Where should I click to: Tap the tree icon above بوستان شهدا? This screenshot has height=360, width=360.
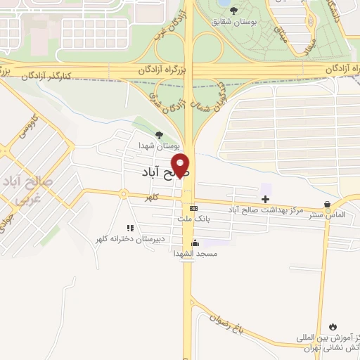159,136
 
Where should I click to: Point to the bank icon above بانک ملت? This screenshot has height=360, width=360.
194,208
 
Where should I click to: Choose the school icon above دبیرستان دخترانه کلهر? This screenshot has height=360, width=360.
129,228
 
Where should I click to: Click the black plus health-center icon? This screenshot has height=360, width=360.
264,200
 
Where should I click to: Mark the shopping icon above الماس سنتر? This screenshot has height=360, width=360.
328,203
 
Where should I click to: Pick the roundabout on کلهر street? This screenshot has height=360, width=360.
123,194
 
